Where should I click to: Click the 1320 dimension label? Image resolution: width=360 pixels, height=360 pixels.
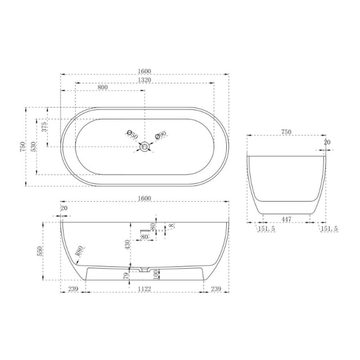pyautogui.click(x=144, y=80)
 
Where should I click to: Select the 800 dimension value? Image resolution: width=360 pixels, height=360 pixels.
pyautogui.click(x=103, y=87)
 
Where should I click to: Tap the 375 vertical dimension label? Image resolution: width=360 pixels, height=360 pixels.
pyautogui.click(x=44, y=127)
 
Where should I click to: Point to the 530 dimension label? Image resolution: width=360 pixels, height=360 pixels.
pyautogui.click(x=33, y=146)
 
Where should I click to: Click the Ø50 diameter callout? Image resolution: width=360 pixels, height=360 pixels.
pyautogui.click(x=132, y=135)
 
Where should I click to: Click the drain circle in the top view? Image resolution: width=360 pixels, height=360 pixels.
pyautogui.click(x=145, y=146)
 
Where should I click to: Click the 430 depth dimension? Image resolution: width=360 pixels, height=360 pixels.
pyautogui.click(x=128, y=244)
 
